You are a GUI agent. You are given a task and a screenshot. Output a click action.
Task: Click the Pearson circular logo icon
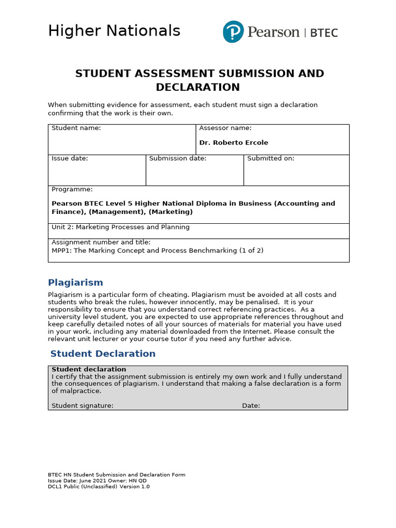click(x=233, y=32)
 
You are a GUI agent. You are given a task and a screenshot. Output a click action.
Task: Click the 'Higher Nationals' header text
click(x=114, y=31)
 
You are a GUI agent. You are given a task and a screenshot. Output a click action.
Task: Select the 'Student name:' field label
click(x=76, y=128)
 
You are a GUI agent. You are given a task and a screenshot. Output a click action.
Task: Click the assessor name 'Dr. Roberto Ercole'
click(x=234, y=143)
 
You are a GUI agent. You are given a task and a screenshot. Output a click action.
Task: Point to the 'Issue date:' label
click(x=70, y=159)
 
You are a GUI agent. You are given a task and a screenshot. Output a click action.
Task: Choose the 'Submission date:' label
click(x=177, y=159)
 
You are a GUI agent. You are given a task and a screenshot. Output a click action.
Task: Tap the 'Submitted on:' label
click(x=271, y=159)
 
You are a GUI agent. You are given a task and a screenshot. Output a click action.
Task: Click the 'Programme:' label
click(x=72, y=190)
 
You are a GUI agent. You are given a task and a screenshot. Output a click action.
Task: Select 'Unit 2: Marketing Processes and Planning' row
click(x=121, y=227)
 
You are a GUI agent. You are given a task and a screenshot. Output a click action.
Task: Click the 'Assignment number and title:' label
click(x=101, y=242)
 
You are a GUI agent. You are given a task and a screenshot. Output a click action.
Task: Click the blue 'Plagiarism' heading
click(x=75, y=283)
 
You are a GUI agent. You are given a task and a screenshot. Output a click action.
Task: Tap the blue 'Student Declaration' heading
click(x=103, y=354)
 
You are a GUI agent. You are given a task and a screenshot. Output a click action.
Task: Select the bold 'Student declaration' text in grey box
click(x=89, y=369)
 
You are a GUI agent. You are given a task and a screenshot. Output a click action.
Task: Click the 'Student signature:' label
click(x=82, y=406)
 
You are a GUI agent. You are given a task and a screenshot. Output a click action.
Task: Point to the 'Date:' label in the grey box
click(x=251, y=406)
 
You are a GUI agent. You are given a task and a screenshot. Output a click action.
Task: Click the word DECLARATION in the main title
click(x=197, y=87)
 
